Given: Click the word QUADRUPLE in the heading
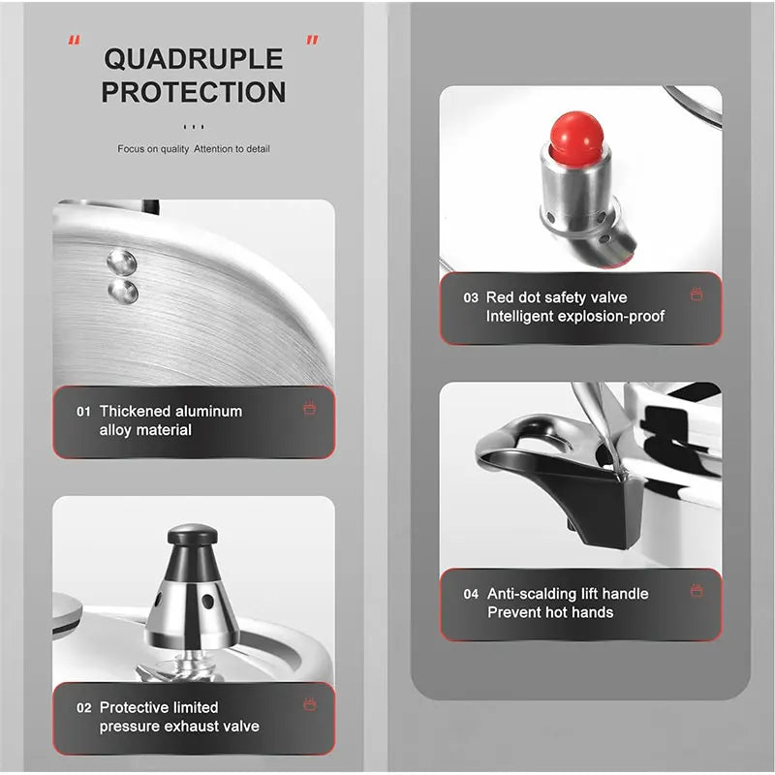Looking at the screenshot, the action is tap(193, 59).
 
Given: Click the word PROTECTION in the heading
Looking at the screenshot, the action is tap(193, 92).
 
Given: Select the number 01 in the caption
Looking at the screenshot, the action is tap(83, 412).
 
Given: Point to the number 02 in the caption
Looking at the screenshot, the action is tap(84, 708).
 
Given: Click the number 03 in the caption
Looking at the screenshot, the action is tap(471, 297).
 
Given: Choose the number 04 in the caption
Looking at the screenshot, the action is tap(471, 594).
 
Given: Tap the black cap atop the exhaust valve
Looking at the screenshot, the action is tap(192, 535).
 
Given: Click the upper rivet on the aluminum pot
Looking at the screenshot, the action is tap(122, 262).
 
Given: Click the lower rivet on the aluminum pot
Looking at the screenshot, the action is tap(123, 292).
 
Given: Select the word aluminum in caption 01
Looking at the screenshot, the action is tap(209, 411).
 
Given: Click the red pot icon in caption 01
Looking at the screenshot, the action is tap(309, 408).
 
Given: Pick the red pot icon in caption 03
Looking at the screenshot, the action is tap(697, 294).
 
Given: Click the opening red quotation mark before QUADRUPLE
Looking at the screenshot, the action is tap(75, 40).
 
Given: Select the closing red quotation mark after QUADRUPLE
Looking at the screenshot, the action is tap(312, 40).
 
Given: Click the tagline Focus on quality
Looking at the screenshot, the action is tap(153, 149).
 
